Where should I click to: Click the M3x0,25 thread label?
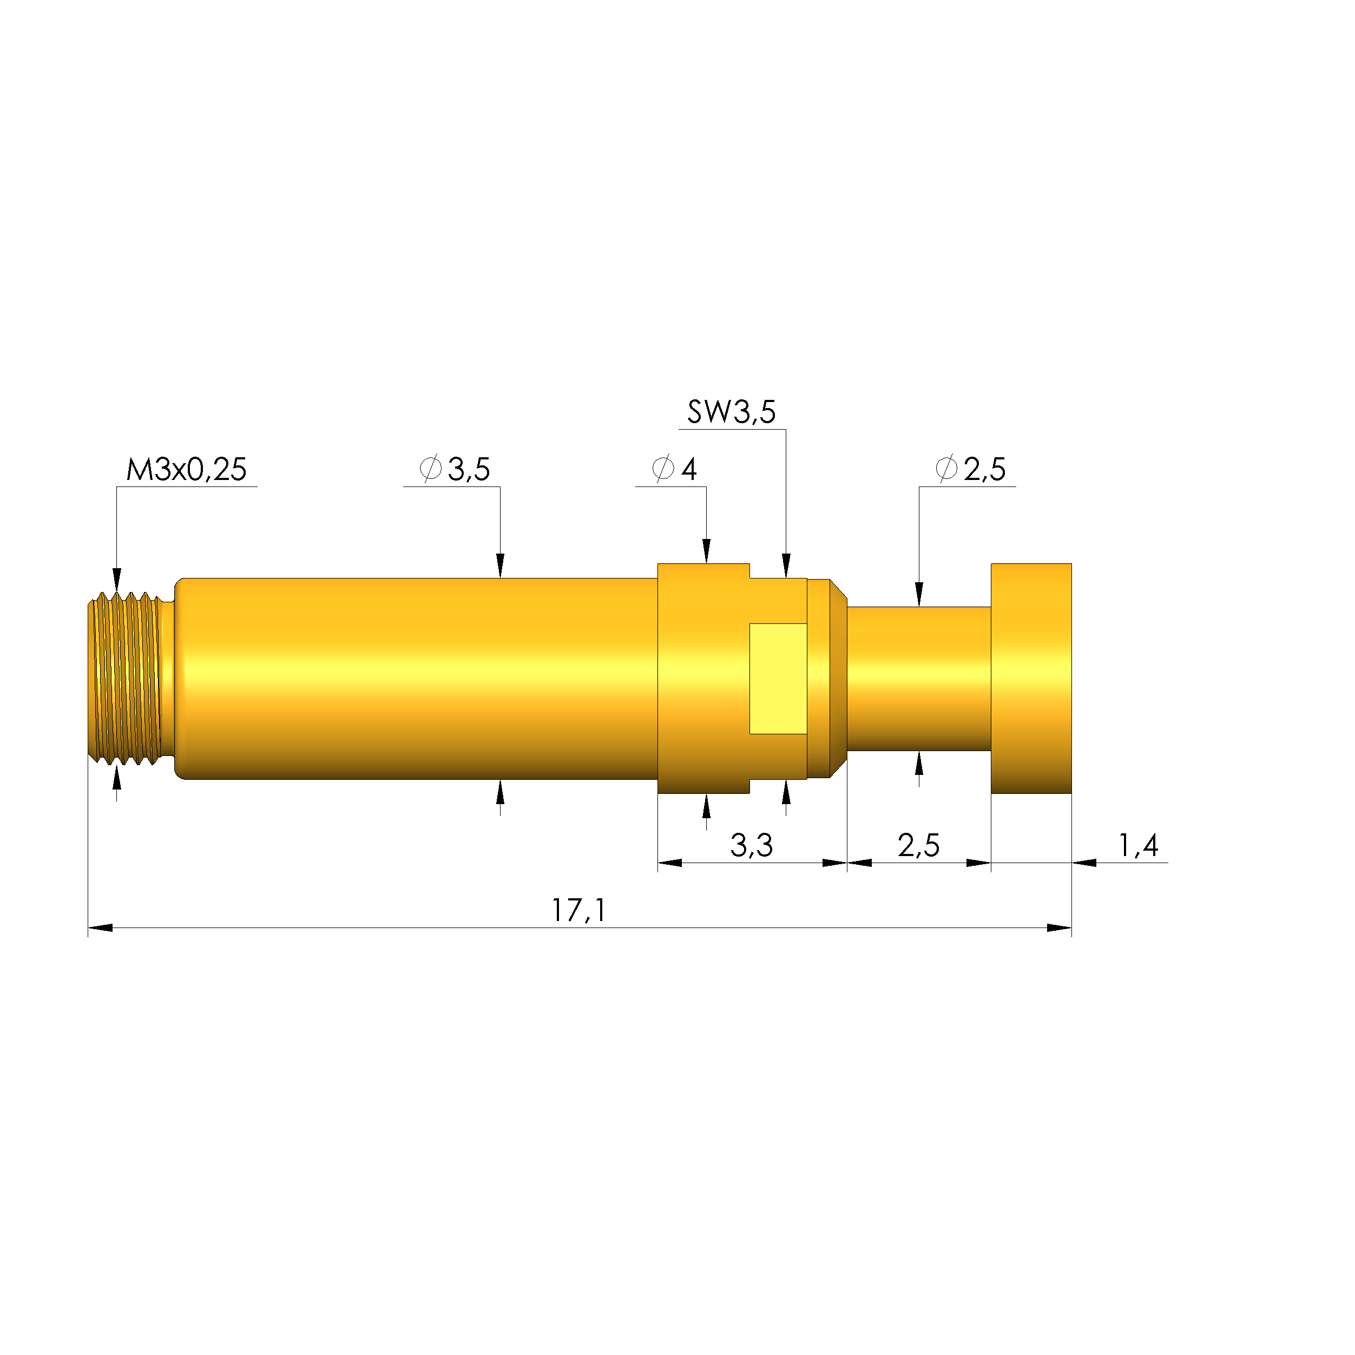click(x=186, y=469)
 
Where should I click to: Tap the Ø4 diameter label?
click(x=675, y=469)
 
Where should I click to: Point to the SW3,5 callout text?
click(x=731, y=412)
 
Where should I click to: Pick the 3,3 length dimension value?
click(x=751, y=845)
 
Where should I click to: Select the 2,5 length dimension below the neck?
click(x=918, y=845)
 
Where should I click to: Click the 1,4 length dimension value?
click(x=1137, y=845)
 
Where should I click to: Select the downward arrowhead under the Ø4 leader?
click(x=706, y=551)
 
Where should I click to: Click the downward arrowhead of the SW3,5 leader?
click(x=786, y=565)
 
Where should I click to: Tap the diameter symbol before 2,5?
click(x=946, y=469)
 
